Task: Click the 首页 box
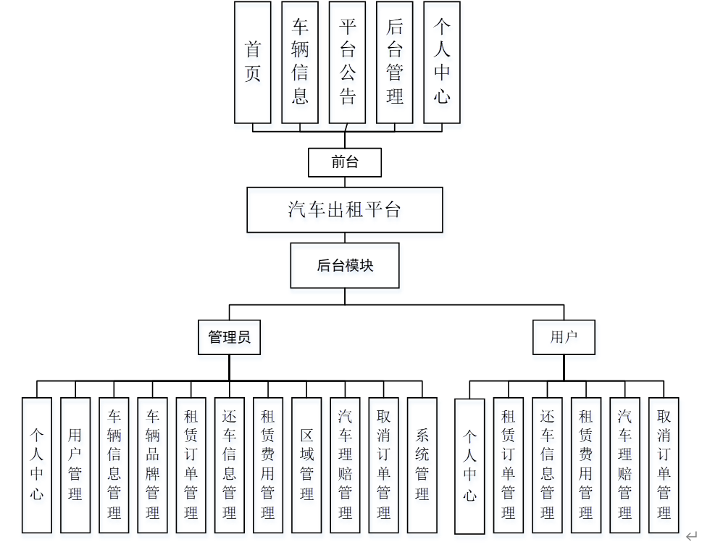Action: (253, 62)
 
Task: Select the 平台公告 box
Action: (347, 62)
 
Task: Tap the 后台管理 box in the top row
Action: (395, 62)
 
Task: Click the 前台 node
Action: (345, 162)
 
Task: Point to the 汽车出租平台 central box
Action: (345, 210)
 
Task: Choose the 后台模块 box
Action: (345, 265)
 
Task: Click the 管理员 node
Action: (230, 337)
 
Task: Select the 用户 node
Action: (564, 337)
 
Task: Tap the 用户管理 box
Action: (75, 464)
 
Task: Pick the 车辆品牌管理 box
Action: (152, 464)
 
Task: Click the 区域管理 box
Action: (306, 464)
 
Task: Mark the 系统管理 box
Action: (422, 464)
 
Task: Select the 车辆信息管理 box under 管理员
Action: (114, 464)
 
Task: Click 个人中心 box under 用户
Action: (469, 465)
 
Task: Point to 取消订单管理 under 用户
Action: (663, 464)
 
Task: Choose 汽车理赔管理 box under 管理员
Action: (345, 464)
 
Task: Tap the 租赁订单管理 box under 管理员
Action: (191, 464)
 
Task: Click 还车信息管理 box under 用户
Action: (547, 464)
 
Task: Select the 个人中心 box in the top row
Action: (442, 62)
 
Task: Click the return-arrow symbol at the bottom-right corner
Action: (691, 536)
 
